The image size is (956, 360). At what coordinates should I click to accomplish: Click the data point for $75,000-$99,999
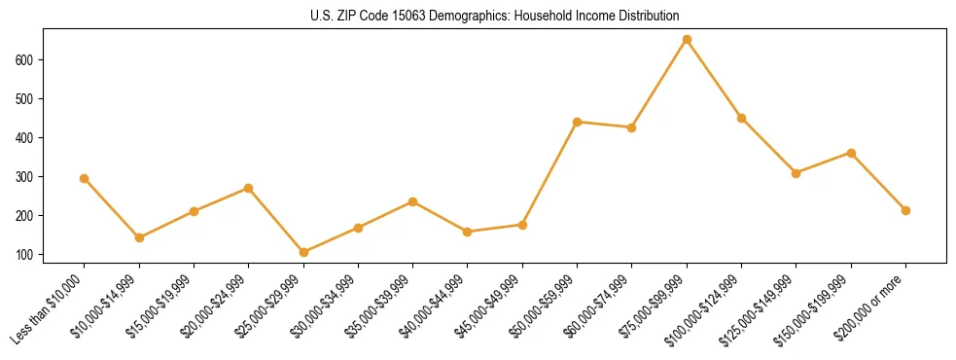point(687,40)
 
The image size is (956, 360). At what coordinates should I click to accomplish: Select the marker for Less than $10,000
point(85,178)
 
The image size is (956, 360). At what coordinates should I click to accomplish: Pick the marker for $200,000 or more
point(905,210)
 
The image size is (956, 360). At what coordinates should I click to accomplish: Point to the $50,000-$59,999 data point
point(578,122)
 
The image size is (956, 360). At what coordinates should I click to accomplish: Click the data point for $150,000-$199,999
point(851,153)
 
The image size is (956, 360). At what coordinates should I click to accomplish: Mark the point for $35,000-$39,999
point(413,201)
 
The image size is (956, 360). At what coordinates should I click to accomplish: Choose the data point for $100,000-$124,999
point(741,119)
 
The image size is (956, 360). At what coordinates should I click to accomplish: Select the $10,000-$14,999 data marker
point(139,237)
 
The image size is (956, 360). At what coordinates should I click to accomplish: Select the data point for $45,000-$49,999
point(522,225)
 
